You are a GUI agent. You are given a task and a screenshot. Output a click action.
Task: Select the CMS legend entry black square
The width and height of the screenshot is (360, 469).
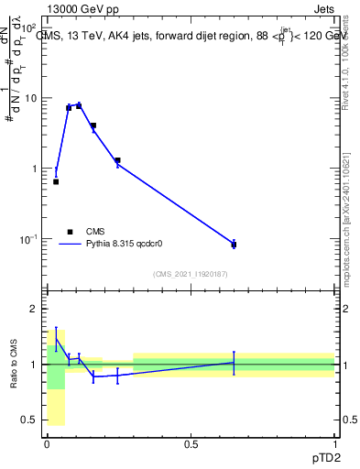[70, 232]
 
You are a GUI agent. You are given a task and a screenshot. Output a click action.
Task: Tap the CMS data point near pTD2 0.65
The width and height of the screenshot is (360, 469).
[234, 245]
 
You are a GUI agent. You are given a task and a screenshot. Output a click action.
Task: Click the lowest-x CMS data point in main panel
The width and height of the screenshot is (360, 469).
[56, 181]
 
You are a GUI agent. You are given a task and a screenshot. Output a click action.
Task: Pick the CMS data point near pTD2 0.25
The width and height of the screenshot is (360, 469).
[118, 160]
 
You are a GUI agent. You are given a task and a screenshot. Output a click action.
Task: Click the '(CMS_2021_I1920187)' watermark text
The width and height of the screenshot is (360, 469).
[191, 274]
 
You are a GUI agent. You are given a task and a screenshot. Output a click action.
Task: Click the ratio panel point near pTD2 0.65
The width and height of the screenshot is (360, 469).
[234, 363]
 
